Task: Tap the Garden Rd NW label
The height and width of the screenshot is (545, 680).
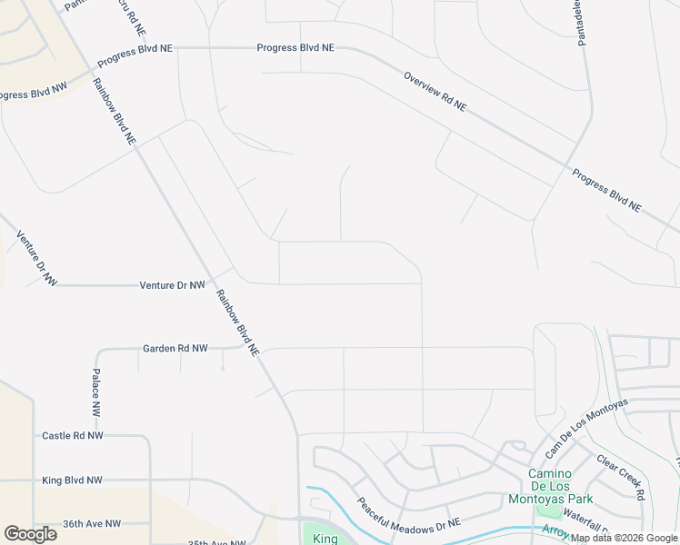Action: pos(175,348)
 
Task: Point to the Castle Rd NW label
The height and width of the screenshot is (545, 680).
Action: pos(73,436)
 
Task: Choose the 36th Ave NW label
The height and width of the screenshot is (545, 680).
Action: pos(92,524)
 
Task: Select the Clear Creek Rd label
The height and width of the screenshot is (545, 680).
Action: pos(621,477)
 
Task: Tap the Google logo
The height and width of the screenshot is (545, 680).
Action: pos(30,534)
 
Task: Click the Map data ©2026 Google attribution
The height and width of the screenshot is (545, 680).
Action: pos(624,538)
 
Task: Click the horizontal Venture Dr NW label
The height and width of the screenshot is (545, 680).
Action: pos(172,285)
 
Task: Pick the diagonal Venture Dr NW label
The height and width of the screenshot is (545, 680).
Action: pos(36,259)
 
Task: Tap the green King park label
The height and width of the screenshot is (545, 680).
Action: pos(325,539)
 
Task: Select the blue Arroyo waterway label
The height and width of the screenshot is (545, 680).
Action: pos(555,530)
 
